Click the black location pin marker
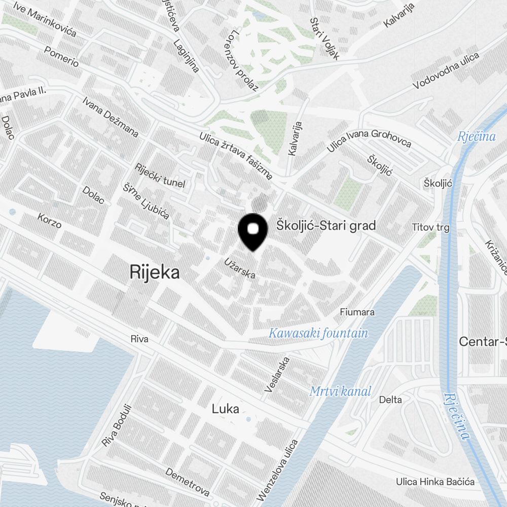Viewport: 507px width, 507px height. coord(252,232)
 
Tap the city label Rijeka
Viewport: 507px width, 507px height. coord(155,272)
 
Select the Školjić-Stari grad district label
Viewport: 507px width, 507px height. coord(326,225)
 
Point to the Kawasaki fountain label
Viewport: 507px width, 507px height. coord(318,333)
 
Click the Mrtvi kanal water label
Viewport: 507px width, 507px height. coord(340,391)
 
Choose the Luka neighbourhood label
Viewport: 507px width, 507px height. coord(226,409)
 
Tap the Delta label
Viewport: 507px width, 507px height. coord(390,400)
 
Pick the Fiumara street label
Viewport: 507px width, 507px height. coord(357,312)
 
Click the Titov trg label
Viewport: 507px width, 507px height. coord(430,228)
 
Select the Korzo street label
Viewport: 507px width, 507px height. coord(50,220)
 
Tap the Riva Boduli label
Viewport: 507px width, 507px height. coord(116,425)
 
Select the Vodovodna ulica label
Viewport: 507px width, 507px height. coord(446,70)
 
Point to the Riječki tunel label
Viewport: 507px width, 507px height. coord(160,176)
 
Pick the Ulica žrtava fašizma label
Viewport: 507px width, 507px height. coord(236,156)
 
